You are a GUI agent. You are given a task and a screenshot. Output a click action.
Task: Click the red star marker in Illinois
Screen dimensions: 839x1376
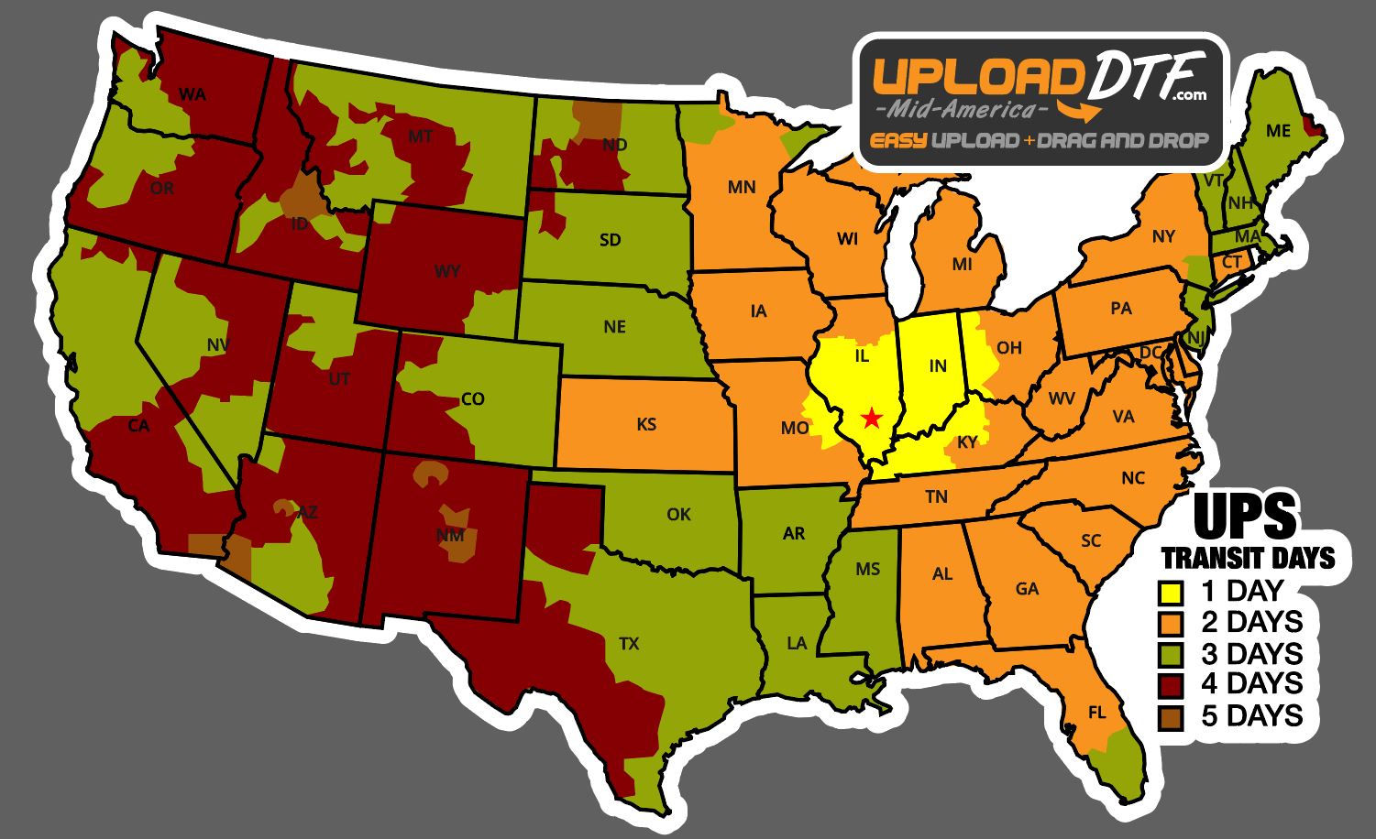pyautogui.click(x=872, y=419)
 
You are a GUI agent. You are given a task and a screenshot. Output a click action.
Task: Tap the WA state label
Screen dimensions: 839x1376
pyautogui.click(x=192, y=93)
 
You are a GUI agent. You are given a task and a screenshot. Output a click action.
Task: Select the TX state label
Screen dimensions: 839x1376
pyautogui.click(x=629, y=644)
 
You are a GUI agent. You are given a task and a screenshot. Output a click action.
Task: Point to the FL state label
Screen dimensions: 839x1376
pyautogui.click(x=1096, y=713)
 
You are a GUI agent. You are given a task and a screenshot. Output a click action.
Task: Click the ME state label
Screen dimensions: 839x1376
pyautogui.click(x=1278, y=131)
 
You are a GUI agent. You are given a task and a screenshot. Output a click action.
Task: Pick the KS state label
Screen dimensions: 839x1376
pyautogui.click(x=646, y=424)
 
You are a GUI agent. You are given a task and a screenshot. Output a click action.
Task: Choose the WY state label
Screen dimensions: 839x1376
pyautogui.click(x=447, y=271)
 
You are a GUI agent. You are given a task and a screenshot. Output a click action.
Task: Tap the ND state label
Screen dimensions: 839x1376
pyautogui.click(x=615, y=145)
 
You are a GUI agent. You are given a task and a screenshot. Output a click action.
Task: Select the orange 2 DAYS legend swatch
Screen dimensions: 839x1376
pyautogui.click(x=1171, y=622)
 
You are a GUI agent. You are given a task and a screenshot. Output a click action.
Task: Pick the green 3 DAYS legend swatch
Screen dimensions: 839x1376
pyautogui.click(x=1171, y=654)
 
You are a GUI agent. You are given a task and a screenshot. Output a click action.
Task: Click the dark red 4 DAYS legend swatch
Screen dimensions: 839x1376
pyautogui.click(x=1171, y=685)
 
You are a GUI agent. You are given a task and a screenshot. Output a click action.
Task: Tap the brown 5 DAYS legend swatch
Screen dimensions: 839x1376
pyautogui.click(x=1171, y=716)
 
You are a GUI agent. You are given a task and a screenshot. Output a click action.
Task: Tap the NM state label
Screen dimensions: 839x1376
pyautogui.click(x=449, y=535)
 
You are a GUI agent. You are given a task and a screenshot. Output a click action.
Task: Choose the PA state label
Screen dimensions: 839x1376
pyautogui.click(x=1121, y=309)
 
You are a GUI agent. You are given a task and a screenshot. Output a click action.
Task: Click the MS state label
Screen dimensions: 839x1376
pyautogui.click(x=867, y=570)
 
